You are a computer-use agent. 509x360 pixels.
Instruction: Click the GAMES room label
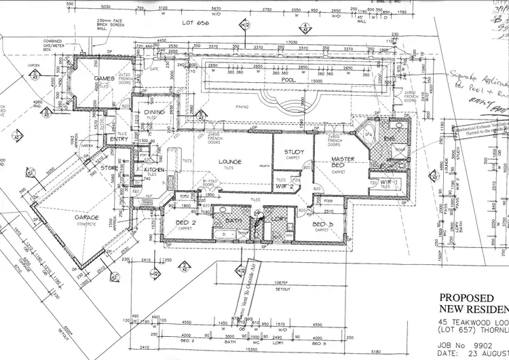click(x=104, y=79)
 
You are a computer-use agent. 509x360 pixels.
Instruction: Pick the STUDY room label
click(x=294, y=151)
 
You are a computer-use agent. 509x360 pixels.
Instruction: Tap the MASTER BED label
click(x=343, y=163)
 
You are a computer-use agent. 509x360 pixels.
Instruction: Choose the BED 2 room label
click(x=185, y=222)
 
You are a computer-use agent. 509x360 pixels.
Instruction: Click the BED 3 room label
click(x=322, y=223)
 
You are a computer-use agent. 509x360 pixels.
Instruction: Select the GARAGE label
click(x=87, y=218)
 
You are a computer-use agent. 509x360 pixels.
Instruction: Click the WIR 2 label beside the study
click(x=284, y=185)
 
